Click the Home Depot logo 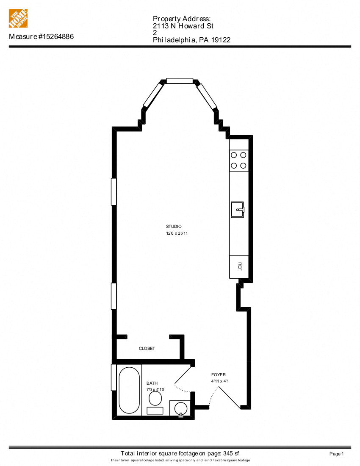click(x=18, y=19)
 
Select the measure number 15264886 click(x=56, y=37)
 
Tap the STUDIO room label click(x=174, y=227)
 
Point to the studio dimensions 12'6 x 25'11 click(x=177, y=233)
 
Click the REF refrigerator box click(x=239, y=266)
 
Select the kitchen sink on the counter click(x=238, y=209)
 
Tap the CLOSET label click(x=147, y=349)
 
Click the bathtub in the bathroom click(x=129, y=390)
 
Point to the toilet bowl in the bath click(x=155, y=398)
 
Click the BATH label click(x=152, y=383)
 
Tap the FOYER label click(x=219, y=375)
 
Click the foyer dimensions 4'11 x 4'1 click(x=220, y=381)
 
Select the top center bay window click(x=180, y=81)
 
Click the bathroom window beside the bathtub click(x=114, y=377)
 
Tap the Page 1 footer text click(x=337, y=454)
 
